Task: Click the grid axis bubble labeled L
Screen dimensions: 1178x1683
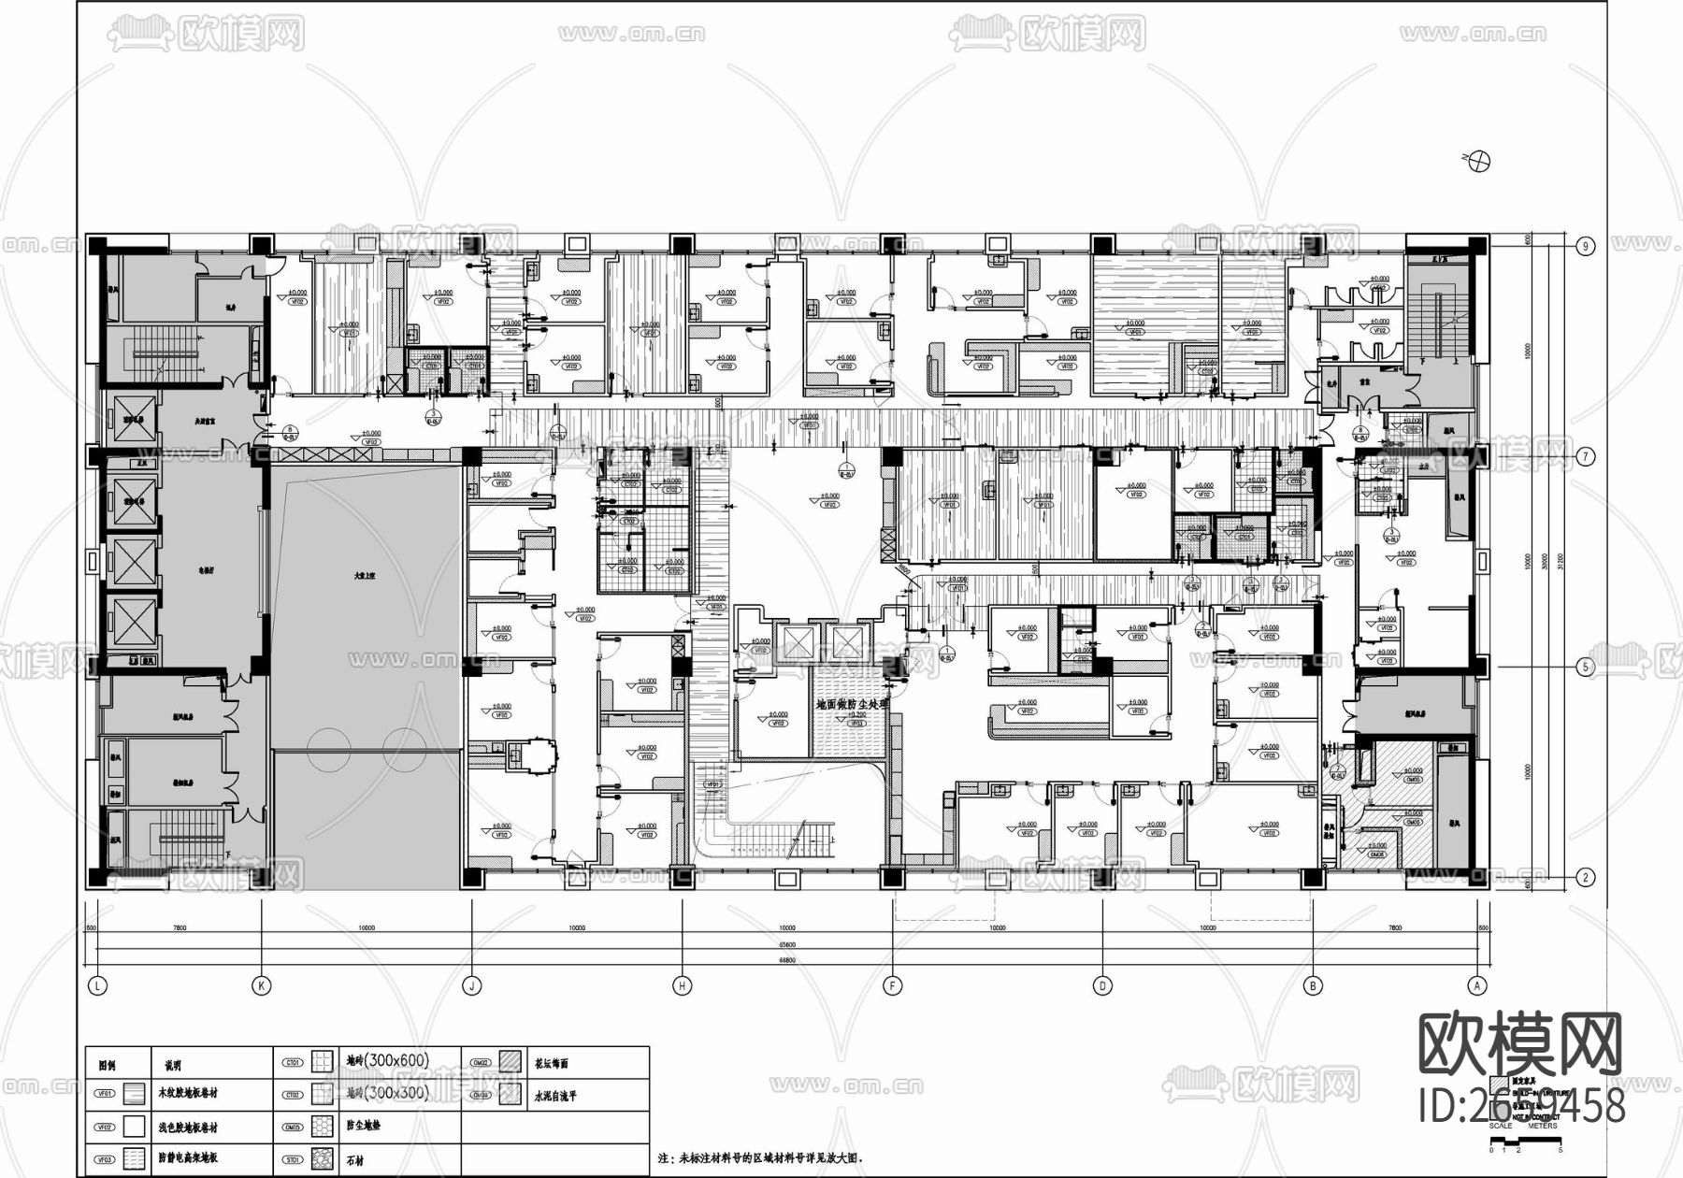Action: click(x=96, y=985)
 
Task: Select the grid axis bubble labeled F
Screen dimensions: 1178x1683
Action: click(x=892, y=985)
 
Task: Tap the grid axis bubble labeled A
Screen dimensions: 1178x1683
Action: click(x=1477, y=985)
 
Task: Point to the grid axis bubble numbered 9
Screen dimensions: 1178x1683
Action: click(x=1586, y=246)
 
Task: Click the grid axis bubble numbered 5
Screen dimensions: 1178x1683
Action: click(x=1586, y=668)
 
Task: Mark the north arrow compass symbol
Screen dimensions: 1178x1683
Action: click(x=1479, y=161)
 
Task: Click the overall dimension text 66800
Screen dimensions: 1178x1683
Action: click(x=787, y=960)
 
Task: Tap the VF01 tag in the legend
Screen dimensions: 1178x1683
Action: click(x=105, y=1093)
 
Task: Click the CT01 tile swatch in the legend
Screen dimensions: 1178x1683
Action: click(x=323, y=1062)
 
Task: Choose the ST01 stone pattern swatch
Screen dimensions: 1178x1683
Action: click(x=323, y=1159)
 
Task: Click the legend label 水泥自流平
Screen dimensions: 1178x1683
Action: click(x=555, y=1096)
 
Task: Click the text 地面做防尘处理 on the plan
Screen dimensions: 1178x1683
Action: click(x=851, y=705)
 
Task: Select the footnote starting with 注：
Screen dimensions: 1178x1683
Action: click(x=767, y=1157)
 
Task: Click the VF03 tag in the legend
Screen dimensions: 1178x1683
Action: click(x=105, y=1159)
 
